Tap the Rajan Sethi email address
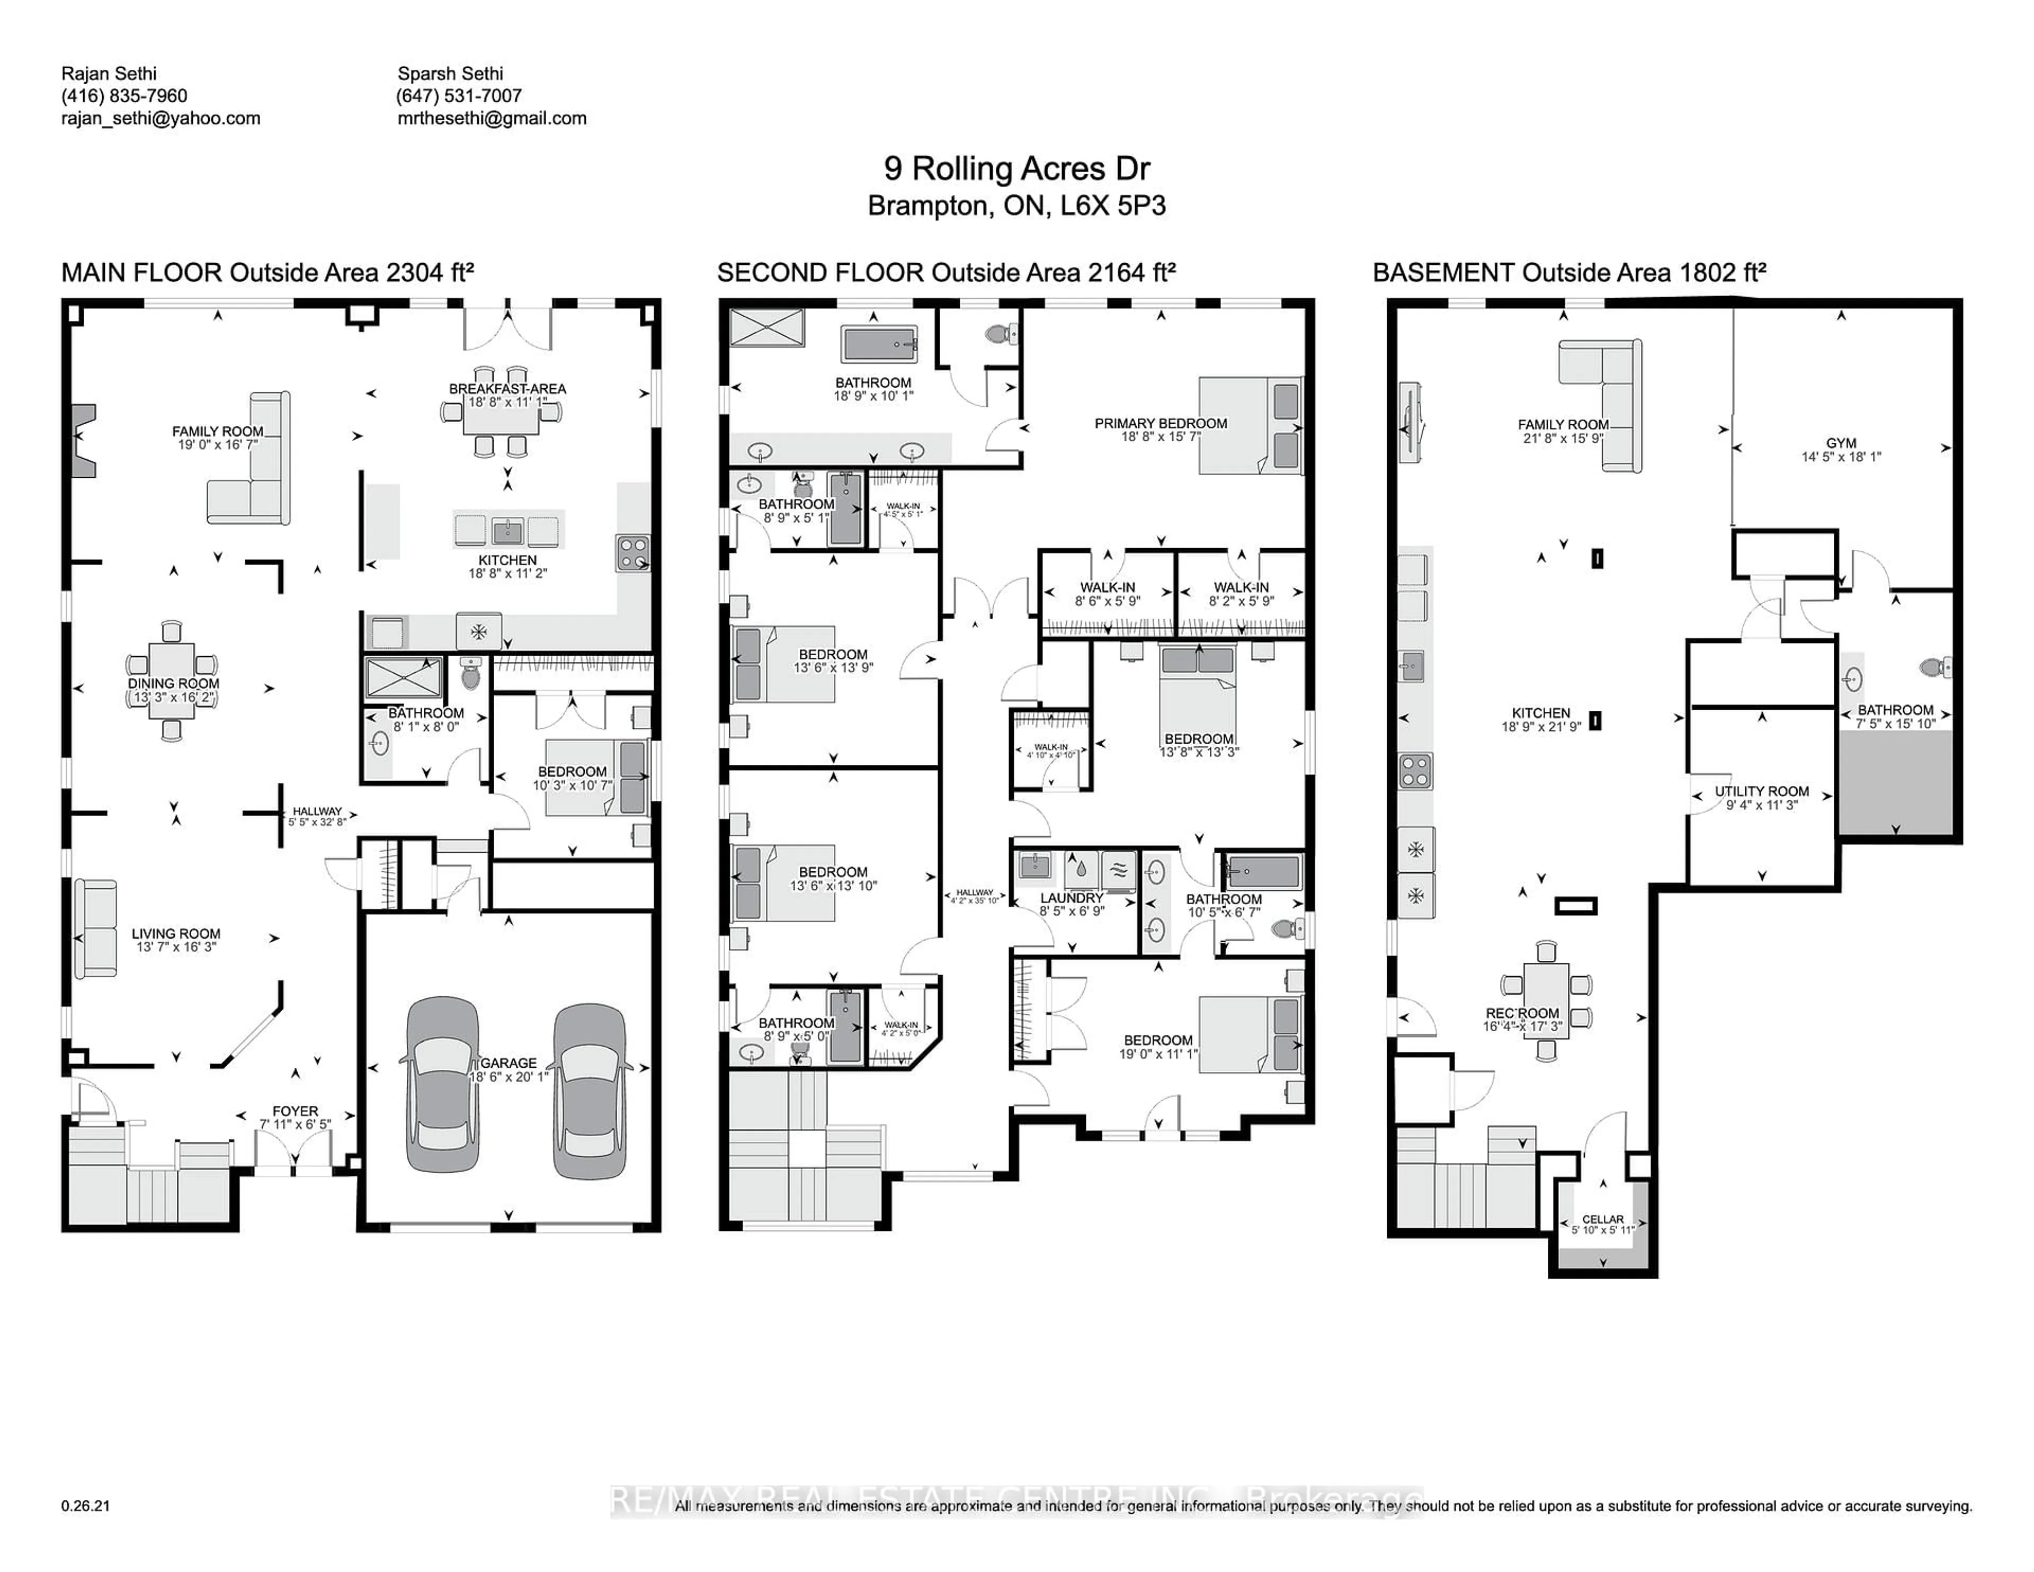click(161, 118)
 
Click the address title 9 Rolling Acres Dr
click(1016, 168)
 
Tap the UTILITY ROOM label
click(1761, 792)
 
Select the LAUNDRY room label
click(1071, 898)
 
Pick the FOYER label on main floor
click(295, 1111)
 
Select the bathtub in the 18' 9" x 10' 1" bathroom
click(878, 345)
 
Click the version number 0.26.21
click(86, 1506)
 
